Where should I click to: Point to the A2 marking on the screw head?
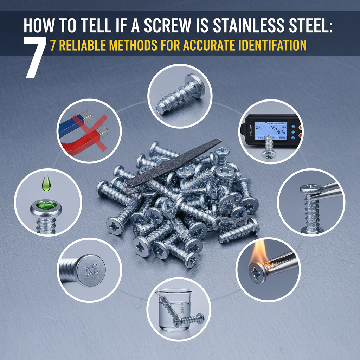(93, 270)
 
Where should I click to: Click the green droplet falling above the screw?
(45, 184)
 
